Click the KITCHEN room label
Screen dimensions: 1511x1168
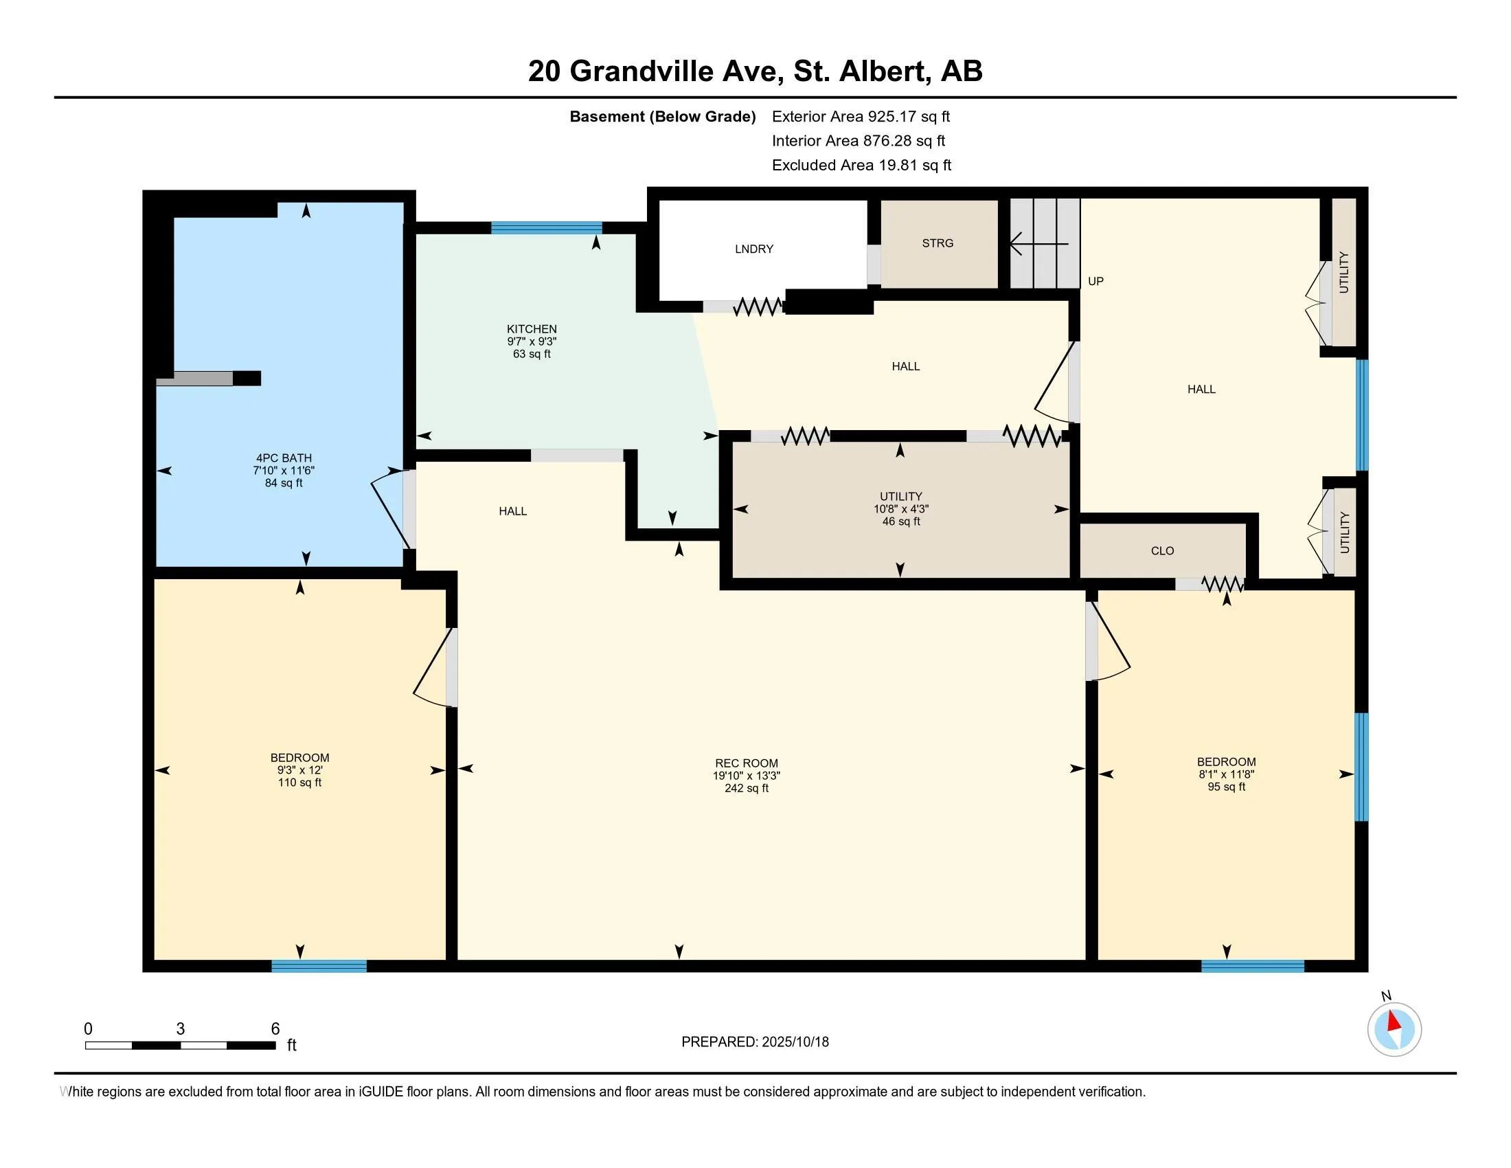click(x=532, y=328)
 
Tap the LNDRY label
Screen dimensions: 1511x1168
click(x=754, y=249)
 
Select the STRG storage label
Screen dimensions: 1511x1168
click(x=938, y=243)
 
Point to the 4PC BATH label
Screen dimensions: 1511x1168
click(x=284, y=458)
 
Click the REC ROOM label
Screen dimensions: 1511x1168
click(x=747, y=763)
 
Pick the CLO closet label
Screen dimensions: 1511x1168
click(x=1162, y=551)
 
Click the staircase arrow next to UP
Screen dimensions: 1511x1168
click(x=1039, y=244)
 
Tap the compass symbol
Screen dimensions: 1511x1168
click(x=1394, y=1029)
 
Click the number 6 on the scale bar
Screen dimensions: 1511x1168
click(x=275, y=1029)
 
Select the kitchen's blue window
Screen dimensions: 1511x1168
click(x=547, y=227)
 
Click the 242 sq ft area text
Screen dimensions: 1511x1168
click(x=747, y=788)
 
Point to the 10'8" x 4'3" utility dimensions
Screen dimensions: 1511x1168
click(x=901, y=508)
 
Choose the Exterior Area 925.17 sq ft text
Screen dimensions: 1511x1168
click(x=861, y=116)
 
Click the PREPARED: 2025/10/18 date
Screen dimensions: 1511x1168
click(x=755, y=1042)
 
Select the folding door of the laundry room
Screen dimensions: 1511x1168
click(x=758, y=306)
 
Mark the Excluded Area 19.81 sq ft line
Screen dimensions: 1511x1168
click(x=861, y=165)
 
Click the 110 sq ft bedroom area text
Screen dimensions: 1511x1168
click(x=299, y=783)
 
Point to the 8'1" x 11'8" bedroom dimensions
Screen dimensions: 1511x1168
click(x=1226, y=774)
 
